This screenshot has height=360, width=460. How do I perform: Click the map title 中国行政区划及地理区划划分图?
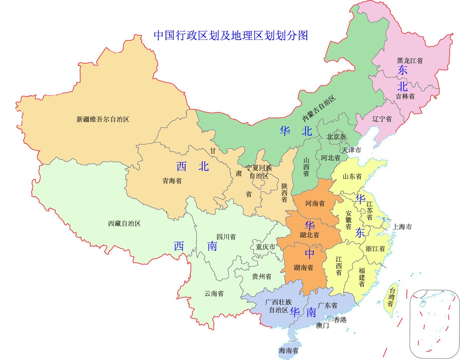[x=231, y=36]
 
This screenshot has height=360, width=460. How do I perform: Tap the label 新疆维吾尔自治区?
[x=103, y=119]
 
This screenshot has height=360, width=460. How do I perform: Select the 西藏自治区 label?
[x=124, y=224]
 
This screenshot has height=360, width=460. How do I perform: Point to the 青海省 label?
[x=172, y=181]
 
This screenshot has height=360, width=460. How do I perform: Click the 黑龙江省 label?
[x=410, y=60]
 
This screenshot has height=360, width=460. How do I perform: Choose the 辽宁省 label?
[x=382, y=119]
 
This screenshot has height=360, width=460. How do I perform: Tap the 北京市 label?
[x=336, y=137]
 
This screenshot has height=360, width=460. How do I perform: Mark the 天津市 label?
[x=351, y=150]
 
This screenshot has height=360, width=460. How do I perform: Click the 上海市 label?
[x=402, y=227]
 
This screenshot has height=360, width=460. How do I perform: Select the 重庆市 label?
[x=266, y=247]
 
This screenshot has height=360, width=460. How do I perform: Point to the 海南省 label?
[x=289, y=350]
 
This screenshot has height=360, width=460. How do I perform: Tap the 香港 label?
[x=340, y=320]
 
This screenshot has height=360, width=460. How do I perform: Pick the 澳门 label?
[x=322, y=326]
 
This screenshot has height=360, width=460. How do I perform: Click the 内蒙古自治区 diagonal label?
[x=319, y=108]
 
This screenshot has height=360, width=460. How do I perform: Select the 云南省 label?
[x=214, y=293]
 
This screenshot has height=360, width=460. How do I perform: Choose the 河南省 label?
[x=315, y=203]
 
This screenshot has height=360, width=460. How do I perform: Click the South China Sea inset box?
[x=434, y=323]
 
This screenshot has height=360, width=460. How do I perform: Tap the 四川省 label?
[x=226, y=237]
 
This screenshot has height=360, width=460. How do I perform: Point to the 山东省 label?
[x=352, y=176]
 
